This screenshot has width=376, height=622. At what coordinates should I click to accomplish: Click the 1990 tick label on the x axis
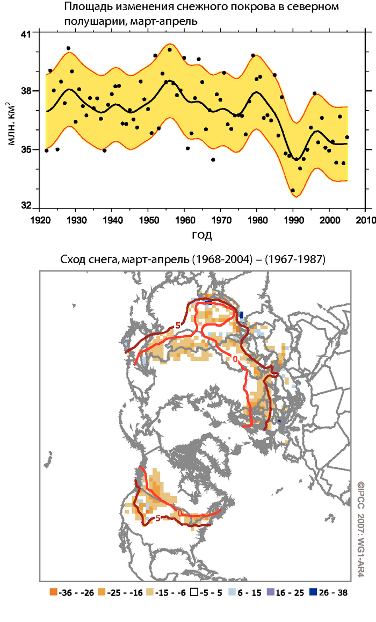[x=294, y=220]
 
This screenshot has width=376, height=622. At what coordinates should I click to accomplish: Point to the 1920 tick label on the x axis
[x=41, y=220]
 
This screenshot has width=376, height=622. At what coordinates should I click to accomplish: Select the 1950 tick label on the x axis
[x=149, y=220]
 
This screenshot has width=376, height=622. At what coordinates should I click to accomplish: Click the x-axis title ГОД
[x=201, y=235]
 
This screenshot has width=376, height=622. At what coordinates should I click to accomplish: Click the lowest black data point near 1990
[x=293, y=190]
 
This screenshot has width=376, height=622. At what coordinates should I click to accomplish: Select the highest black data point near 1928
[x=68, y=48]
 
